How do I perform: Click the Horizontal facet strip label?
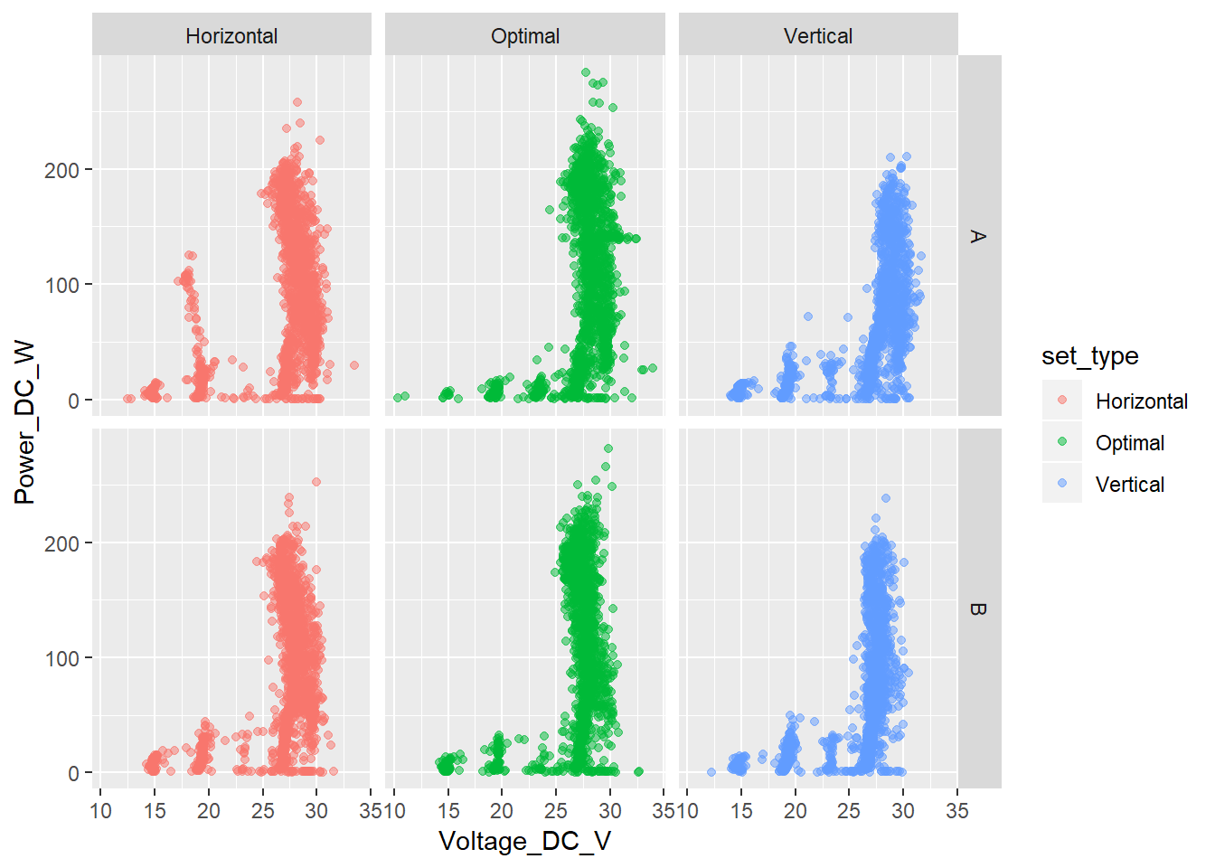coord(231,36)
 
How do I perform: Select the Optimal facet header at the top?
coord(525,36)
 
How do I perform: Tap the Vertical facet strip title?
coord(818,36)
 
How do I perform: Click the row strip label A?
coord(977,236)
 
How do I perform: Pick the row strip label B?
coord(977,609)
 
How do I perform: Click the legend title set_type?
coord(1089,356)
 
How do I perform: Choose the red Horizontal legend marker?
coord(1062,401)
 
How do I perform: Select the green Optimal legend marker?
coord(1062,442)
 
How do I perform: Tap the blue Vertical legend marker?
coord(1062,484)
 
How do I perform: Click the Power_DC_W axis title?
coord(24,422)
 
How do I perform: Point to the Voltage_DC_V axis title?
coord(524,842)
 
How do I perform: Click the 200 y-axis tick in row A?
coord(61,170)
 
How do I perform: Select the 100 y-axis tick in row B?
coord(61,658)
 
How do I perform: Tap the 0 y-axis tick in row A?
coord(73,401)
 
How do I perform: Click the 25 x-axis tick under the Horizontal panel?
coord(262,811)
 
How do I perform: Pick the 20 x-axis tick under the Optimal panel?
coord(502,811)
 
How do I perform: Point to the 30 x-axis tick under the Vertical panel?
coord(903,811)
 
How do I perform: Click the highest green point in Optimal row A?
coord(586,72)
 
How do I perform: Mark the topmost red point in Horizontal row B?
coord(316,482)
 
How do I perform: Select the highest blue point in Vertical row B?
coord(886,498)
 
